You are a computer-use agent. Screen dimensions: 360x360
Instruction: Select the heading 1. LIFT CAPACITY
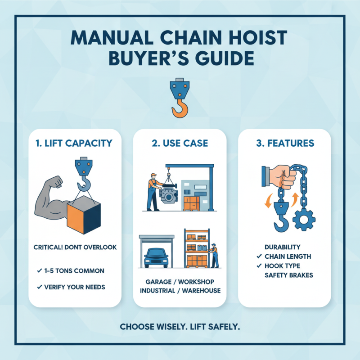[74, 144]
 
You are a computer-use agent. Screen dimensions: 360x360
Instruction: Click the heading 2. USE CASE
[180, 144]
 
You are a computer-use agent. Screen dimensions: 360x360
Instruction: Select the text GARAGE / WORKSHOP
[180, 282]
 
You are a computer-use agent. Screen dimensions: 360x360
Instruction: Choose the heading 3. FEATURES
[285, 144]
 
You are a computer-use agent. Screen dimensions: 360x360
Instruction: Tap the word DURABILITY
[282, 247]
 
